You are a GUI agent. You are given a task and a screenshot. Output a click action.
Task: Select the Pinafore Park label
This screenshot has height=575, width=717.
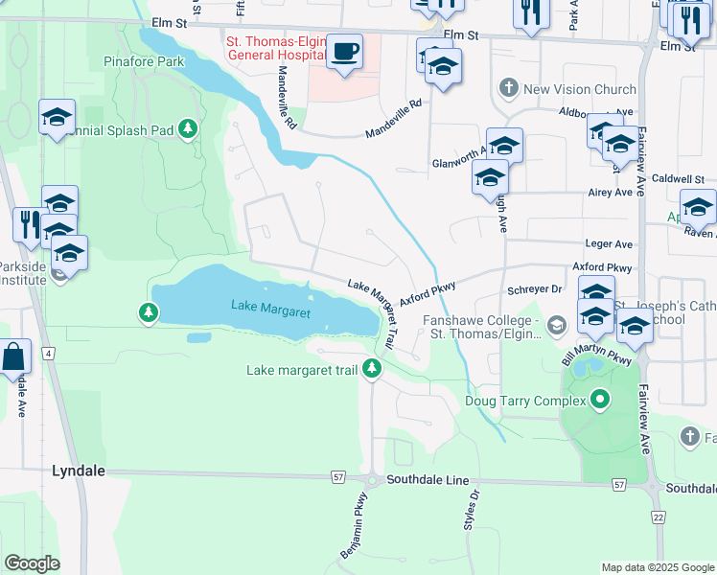pyautogui.click(x=143, y=61)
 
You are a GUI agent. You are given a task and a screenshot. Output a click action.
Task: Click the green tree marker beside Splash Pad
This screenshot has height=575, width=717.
pyautogui.click(x=190, y=127)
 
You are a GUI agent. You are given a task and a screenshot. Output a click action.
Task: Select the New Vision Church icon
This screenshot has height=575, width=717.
pyautogui.click(x=508, y=89)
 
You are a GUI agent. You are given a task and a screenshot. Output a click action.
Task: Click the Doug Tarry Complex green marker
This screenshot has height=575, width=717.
pyautogui.click(x=601, y=400)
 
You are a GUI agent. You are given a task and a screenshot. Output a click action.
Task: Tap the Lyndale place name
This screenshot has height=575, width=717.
pyautogui.click(x=78, y=471)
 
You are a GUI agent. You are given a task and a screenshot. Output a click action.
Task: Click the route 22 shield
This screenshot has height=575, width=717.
pyautogui.click(x=658, y=517)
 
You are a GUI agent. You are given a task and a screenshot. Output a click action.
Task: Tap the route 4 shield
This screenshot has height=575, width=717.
pyautogui.click(x=47, y=354)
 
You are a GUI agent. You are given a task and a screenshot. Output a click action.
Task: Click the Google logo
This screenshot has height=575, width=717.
pyautogui.click(x=32, y=563)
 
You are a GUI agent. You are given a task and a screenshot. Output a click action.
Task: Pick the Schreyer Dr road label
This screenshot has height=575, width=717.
pyautogui.click(x=534, y=288)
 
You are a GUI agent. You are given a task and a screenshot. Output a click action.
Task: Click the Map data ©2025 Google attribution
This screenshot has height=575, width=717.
pyautogui.click(x=657, y=567)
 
